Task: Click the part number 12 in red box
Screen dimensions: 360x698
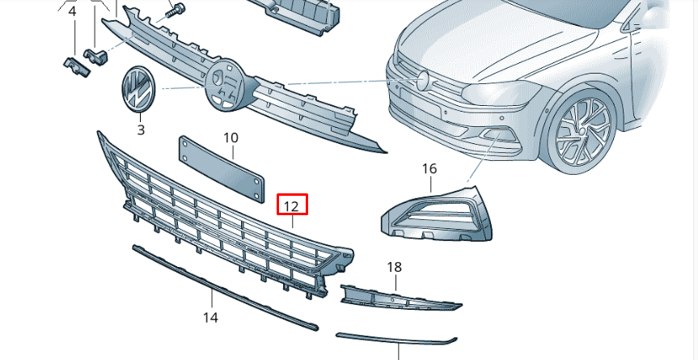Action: coord(291,206)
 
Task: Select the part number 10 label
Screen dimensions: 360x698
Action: coord(231,138)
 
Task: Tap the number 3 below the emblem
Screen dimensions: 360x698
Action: coord(140,129)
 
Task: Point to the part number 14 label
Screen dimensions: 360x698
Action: coord(210,318)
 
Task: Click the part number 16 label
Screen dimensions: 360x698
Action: coord(429,169)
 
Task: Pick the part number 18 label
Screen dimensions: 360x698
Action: coord(394,267)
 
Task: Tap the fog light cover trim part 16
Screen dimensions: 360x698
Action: coord(441,215)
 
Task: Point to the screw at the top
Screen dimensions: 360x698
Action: coord(175,11)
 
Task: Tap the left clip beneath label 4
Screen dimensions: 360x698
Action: coord(74,66)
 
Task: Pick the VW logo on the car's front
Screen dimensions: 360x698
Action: coord(422,79)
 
